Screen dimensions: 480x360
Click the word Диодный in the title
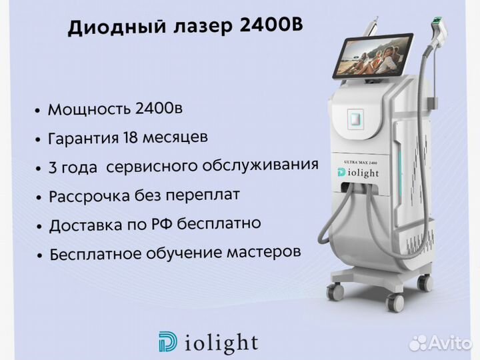click(116, 27)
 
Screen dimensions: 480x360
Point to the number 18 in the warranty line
click(130, 137)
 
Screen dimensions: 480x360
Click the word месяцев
click(175, 138)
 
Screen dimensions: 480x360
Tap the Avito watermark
click(441, 343)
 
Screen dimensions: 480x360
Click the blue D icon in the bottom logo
click(167, 341)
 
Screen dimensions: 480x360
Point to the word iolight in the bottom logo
click(221, 343)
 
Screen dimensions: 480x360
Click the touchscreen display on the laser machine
click(371, 56)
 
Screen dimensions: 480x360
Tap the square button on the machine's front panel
click(355, 118)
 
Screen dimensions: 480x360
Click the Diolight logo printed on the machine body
click(358, 173)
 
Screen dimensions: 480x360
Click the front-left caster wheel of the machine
click(335, 292)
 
